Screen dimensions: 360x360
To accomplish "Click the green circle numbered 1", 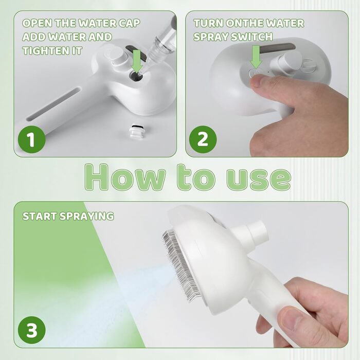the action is (32, 139).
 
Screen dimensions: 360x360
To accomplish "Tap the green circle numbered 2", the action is (203, 139).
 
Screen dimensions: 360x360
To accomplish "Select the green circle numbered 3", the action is (32, 330).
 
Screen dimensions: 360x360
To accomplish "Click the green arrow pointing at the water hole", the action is (137, 61).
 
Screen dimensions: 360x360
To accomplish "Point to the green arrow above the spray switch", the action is (256, 57).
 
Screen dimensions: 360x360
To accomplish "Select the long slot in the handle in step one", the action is (54, 103).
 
